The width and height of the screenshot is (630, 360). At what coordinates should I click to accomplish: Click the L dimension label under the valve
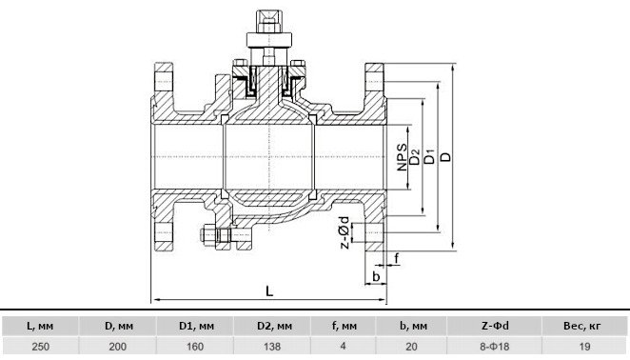(x=269, y=290)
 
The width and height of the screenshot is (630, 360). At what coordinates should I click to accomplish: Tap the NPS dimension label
(x=402, y=157)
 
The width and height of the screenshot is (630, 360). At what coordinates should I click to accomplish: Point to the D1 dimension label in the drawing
(x=430, y=156)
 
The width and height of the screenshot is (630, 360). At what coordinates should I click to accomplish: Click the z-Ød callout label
(x=345, y=232)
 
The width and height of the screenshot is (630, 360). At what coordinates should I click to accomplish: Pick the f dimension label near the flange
(x=397, y=258)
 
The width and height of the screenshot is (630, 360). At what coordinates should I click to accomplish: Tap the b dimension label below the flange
(x=376, y=276)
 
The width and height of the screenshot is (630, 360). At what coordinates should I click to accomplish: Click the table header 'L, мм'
(x=40, y=326)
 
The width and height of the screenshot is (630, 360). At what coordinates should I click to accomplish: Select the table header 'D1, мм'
(x=196, y=326)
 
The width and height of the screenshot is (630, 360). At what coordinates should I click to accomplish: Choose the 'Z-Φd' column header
(x=495, y=326)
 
